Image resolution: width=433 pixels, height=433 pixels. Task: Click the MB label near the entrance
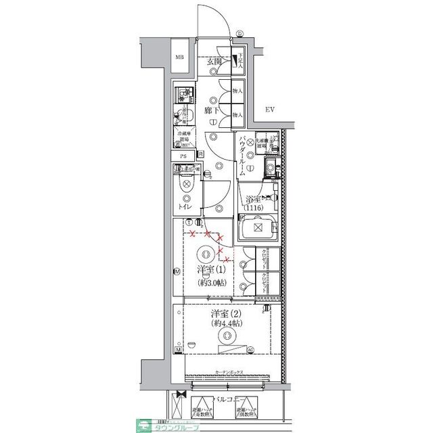[x=180, y=57]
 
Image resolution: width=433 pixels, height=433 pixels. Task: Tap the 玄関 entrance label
[x=215, y=61]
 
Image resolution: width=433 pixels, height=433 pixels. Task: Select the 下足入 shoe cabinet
[x=237, y=63]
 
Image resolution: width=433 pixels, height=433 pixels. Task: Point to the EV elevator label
[x=269, y=110]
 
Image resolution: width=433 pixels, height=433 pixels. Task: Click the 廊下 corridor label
[x=210, y=109]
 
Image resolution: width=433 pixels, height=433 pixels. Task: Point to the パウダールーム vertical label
[x=242, y=156]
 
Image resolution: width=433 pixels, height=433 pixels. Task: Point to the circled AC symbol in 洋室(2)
[x=250, y=349]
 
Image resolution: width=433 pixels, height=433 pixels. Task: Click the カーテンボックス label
[x=229, y=373]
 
